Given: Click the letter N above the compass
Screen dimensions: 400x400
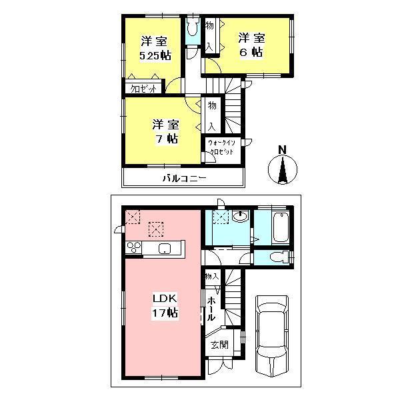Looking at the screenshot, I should point(282,149).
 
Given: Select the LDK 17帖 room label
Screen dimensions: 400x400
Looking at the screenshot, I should point(163,305).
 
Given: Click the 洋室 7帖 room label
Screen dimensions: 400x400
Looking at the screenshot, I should point(164,131).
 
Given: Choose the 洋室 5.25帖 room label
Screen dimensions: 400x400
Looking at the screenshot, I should point(151,47).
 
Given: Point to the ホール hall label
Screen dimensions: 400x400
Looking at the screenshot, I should point(211,309).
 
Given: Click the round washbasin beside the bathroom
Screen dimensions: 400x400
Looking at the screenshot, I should point(241,215).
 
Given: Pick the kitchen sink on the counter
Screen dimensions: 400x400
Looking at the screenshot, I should point(166,249).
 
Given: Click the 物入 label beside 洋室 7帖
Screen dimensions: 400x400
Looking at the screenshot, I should point(211,115).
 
